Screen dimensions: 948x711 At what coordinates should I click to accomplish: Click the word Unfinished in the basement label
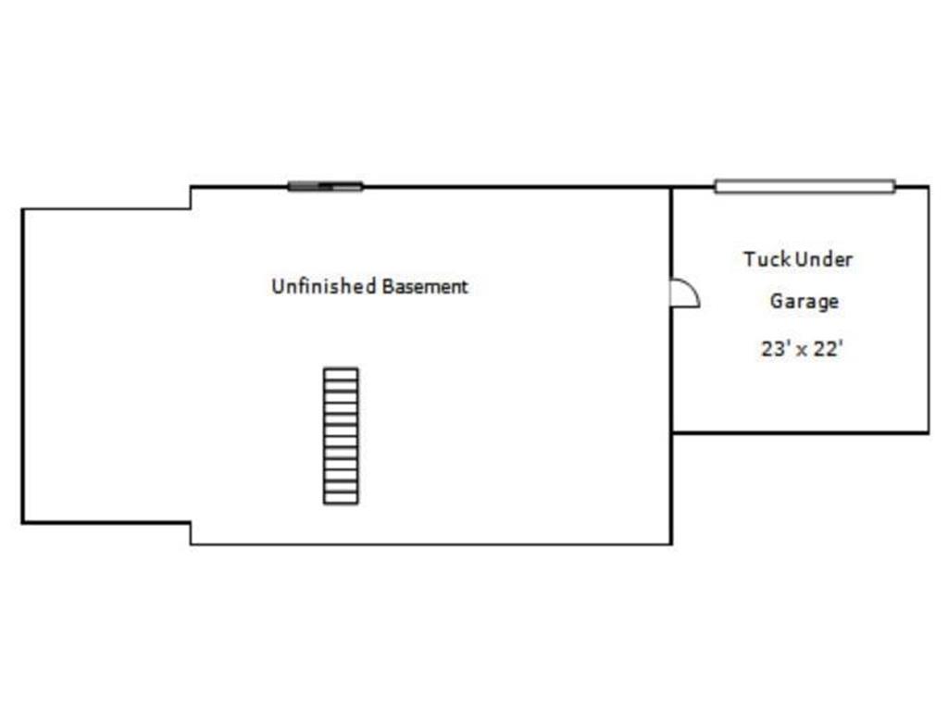pyautogui.click(x=323, y=286)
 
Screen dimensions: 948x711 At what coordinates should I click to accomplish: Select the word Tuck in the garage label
pyautogui.click(x=767, y=259)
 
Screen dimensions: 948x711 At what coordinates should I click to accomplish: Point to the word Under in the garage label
pyautogui.click(x=823, y=259)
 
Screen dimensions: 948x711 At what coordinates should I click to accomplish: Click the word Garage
pyautogui.click(x=805, y=302)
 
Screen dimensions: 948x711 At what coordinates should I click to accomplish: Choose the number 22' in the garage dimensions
pyautogui.click(x=829, y=349)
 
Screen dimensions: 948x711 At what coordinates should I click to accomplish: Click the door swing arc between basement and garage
pyautogui.click(x=693, y=287)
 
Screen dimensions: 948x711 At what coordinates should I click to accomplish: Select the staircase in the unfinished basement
pyautogui.click(x=341, y=436)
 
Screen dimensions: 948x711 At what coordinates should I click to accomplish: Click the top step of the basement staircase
pyautogui.click(x=341, y=374)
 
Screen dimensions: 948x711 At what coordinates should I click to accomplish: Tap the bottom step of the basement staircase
pyautogui.click(x=341, y=498)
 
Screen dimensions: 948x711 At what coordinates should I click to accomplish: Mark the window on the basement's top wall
pyautogui.click(x=325, y=186)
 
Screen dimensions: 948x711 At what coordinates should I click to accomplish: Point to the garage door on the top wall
pyautogui.click(x=805, y=186)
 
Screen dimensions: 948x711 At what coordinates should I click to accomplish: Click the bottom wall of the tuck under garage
pyautogui.click(x=801, y=432)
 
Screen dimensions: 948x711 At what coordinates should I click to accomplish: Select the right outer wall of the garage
pyautogui.click(x=928, y=309)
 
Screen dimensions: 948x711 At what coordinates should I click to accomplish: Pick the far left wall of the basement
pyautogui.click(x=23, y=366)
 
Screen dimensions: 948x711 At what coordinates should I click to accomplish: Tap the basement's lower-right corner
pyautogui.click(x=671, y=543)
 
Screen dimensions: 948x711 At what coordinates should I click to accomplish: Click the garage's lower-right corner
pyautogui.click(x=928, y=432)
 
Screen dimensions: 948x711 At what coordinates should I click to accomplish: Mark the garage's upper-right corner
pyautogui.click(x=928, y=187)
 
